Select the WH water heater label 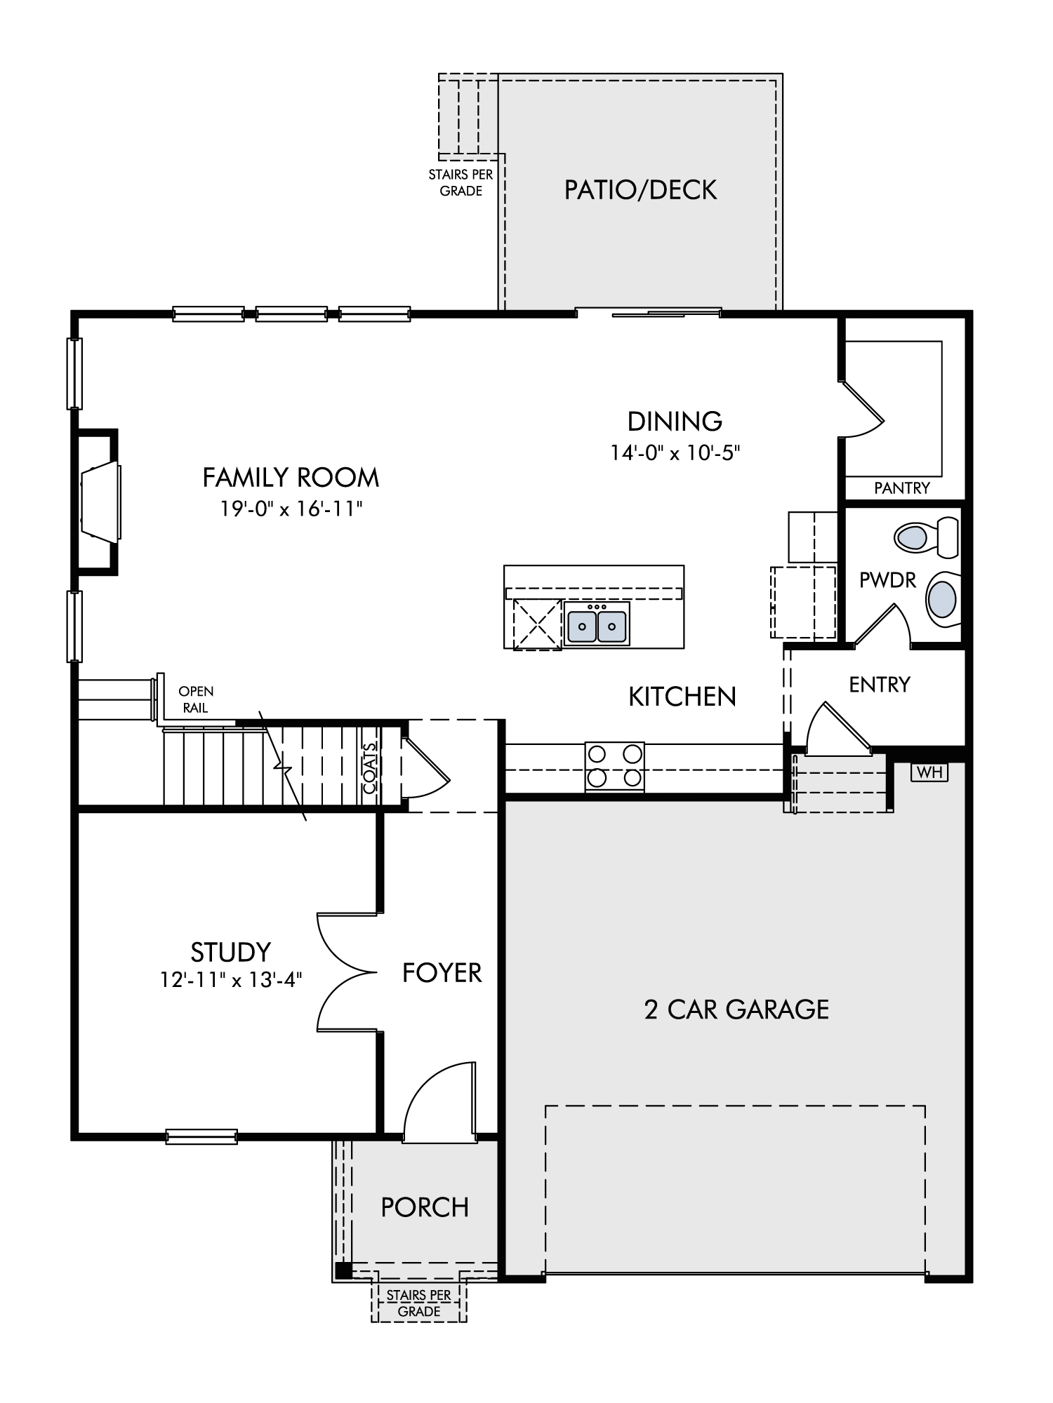point(929,772)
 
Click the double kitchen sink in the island point(597,623)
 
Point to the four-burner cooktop point(615,766)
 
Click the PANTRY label point(902,488)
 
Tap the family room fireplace point(98,501)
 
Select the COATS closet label point(370,767)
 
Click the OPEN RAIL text point(196,699)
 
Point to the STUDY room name point(230,952)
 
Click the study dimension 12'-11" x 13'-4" point(230,979)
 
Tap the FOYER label point(442,972)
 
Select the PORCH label point(425,1207)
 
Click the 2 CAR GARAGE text point(736,1009)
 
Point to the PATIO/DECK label point(641,190)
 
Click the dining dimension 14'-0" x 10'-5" point(675,452)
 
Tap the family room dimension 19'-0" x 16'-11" point(291,508)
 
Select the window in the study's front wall point(201,1136)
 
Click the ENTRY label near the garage point(880,684)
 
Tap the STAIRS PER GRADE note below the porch point(419,1303)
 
